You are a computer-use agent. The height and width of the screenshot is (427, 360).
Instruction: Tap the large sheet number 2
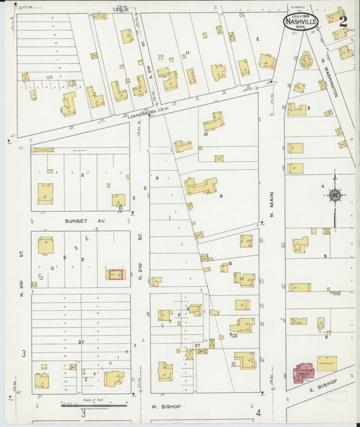tap(343, 22)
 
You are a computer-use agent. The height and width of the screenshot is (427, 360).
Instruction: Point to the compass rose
tap(334, 196)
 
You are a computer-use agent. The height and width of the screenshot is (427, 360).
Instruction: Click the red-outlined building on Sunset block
tap(115, 275)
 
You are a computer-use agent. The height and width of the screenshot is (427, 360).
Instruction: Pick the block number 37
tap(80, 343)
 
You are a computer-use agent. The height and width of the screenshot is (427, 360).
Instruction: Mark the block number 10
tap(204, 134)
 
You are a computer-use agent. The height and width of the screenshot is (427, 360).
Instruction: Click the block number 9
tap(220, 197)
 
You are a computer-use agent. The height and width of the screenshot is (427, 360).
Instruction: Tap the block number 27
tap(197, 345)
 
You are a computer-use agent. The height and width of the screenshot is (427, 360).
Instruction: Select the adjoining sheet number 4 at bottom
tap(259, 411)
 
